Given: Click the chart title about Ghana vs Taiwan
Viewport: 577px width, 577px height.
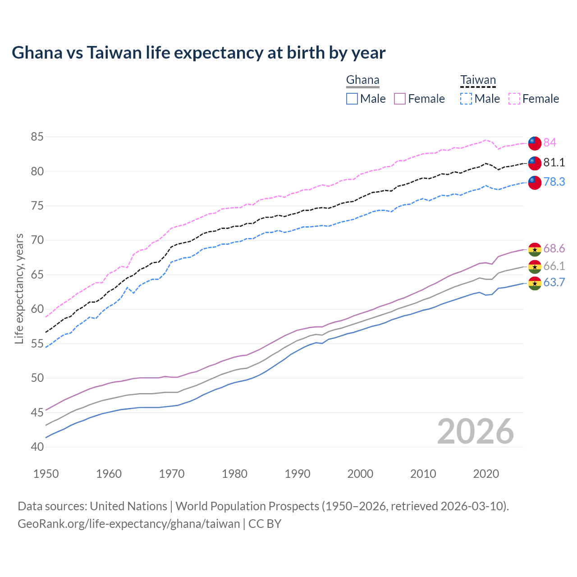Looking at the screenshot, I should (198, 53).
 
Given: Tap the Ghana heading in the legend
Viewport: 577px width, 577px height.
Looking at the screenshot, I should (362, 80).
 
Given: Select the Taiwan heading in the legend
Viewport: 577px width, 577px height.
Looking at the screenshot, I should (478, 80).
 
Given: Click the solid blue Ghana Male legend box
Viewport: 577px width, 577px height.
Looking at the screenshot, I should (352, 99).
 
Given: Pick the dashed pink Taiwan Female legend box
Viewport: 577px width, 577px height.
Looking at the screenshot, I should (514, 99).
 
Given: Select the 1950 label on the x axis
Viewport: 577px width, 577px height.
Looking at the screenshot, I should (46, 474).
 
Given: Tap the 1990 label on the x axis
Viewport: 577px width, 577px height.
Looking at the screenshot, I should (298, 474).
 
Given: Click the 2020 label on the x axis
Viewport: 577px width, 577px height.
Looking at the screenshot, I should (486, 474).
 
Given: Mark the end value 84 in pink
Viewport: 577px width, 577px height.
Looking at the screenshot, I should (550, 142).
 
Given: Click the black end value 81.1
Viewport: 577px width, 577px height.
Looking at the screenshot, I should (554, 162).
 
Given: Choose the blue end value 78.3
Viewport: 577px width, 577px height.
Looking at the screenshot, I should (554, 182).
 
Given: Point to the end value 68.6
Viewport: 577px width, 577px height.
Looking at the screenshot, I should (554, 248).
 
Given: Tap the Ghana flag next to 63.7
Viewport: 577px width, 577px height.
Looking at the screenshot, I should (535, 284).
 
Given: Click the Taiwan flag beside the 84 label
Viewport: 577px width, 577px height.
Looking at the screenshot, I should (535, 143).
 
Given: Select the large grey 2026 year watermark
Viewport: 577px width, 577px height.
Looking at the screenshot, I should (475, 431).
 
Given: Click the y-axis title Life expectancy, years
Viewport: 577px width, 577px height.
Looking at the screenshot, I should (19, 288).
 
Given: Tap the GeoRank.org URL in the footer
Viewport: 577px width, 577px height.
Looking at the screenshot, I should (128, 524).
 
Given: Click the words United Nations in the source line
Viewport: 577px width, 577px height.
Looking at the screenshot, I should (128, 506).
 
